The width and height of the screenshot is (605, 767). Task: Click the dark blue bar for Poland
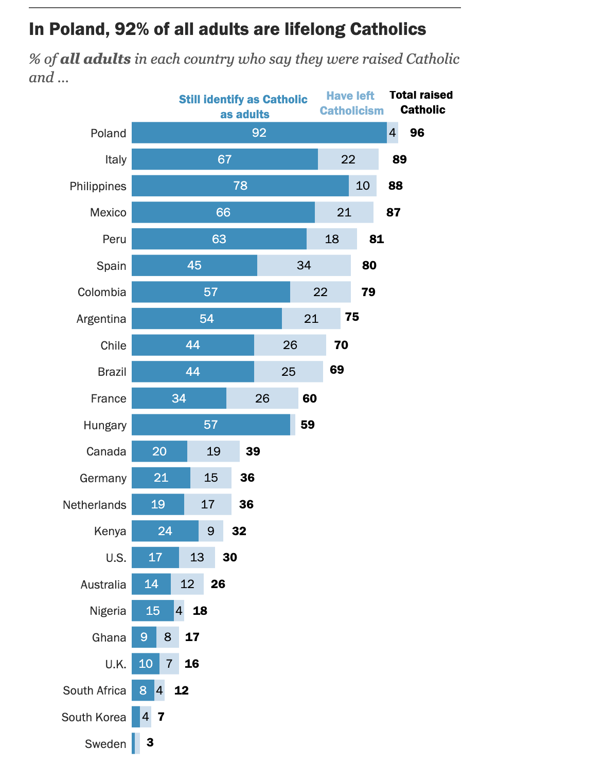[259, 133]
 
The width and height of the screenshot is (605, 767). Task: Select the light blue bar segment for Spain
[304, 265]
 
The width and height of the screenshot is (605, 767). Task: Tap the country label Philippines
[98, 186]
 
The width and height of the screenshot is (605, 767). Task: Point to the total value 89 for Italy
[399, 159]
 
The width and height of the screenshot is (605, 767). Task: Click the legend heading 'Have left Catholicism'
[351, 103]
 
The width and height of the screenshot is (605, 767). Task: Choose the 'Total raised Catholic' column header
[421, 102]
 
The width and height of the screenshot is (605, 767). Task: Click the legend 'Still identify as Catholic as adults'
[243, 106]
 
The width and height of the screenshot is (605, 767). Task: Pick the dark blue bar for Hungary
[210, 425]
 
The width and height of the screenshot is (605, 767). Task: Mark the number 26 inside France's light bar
[262, 398]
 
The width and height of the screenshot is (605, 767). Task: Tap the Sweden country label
[105, 744]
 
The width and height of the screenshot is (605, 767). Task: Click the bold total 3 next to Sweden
[150, 742]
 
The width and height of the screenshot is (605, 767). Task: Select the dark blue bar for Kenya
[165, 531]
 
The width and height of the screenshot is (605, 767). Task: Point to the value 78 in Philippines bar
[240, 186]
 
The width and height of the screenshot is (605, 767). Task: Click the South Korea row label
[94, 717]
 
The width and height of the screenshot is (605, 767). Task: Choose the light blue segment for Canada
[213, 451]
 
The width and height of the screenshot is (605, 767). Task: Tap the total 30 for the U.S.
[229, 557]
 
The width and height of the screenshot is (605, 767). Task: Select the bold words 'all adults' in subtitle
[95, 59]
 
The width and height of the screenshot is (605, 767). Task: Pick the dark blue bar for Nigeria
[152, 611]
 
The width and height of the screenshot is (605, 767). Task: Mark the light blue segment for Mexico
[344, 212]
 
